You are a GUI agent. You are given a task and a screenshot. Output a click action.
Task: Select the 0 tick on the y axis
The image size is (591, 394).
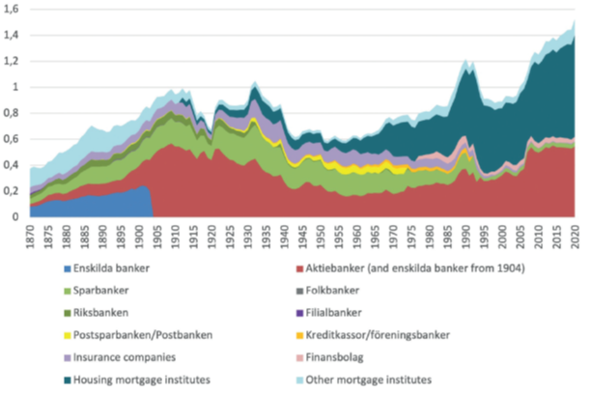click(16, 217)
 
